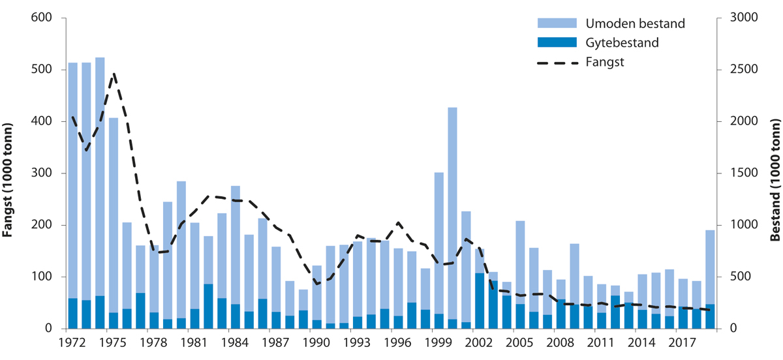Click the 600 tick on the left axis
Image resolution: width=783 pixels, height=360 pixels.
click(x=40, y=18)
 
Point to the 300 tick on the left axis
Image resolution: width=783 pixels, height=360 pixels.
click(x=40, y=173)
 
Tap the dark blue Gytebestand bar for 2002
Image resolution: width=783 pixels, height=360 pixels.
click(x=479, y=301)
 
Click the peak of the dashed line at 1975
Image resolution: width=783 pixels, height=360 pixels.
click(x=114, y=74)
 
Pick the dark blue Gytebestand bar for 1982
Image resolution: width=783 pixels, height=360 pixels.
click(x=208, y=307)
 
